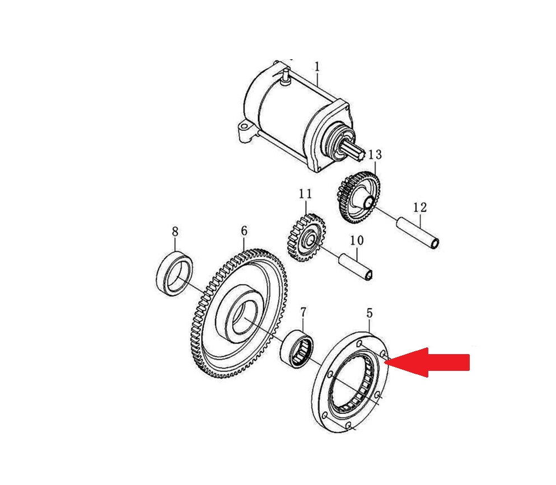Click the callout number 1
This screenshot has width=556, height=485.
coord(317,67)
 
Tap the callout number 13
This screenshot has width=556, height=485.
coord(375,155)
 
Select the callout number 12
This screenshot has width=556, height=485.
coord(420,207)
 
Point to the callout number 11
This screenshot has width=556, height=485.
coord(305,194)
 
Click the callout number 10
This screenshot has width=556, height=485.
coord(357,241)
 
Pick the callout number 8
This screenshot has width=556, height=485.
coord(175,232)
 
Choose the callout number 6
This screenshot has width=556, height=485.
coord(244,231)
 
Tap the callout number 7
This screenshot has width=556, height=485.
coord(303,312)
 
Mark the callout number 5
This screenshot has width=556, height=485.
coord(370,313)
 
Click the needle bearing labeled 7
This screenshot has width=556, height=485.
coord(297,349)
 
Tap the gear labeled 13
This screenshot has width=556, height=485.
coord(358,197)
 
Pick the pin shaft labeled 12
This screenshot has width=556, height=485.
coord(418,234)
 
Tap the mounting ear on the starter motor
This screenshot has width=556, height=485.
coord(244,131)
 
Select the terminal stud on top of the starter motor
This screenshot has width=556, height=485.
coord(285,78)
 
